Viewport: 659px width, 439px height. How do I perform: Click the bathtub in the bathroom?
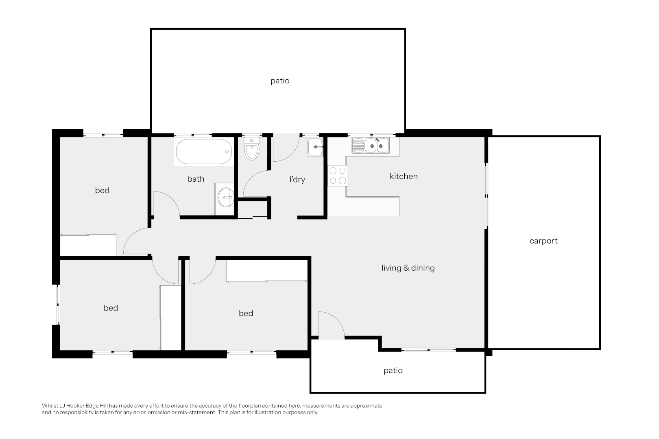[203, 152]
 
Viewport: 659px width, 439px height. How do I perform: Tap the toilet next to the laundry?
[252, 148]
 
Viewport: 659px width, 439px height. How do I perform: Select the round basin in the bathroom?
[226, 197]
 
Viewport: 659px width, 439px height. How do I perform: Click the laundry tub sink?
[315, 147]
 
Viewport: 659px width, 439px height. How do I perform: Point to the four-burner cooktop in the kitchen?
[338, 176]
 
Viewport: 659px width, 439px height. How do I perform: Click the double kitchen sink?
[371, 145]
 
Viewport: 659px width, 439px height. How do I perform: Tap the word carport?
[543, 241]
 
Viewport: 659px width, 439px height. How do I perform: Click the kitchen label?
[404, 176]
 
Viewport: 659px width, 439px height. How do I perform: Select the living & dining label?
[408, 268]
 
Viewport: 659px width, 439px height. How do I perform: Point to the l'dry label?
[297, 179]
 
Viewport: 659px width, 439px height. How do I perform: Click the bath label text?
[196, 179]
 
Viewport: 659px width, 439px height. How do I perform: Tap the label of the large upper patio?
[280, 81]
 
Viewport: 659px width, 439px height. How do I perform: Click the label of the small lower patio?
[393, 370]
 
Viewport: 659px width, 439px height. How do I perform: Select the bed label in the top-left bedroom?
[102, 191]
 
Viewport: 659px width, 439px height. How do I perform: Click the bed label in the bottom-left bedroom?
[111, 308]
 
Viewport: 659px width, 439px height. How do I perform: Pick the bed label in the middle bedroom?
[246, 313]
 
